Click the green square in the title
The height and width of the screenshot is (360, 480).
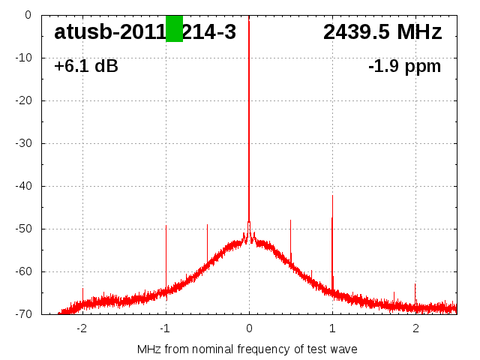pos(174,28)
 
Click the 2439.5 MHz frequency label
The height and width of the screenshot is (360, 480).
pos(382,31)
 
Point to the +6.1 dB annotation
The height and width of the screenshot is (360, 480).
pos(85,67)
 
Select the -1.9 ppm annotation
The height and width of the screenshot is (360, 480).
pos(404,67)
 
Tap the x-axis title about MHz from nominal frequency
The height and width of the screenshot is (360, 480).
pos(247,349)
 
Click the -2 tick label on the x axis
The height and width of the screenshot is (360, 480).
pos(81,328)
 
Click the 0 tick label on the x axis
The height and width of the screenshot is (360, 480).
pos(249,328)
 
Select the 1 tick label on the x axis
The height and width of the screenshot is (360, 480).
pos(332,328)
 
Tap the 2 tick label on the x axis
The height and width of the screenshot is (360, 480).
pos(415,328)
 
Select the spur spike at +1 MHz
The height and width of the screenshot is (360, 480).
pos(332,225)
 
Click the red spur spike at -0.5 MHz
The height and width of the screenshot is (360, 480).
pos(207,240)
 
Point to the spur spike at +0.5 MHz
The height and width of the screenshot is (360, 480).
pos(290,236)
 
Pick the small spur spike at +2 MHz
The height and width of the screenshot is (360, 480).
pos(415,292)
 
